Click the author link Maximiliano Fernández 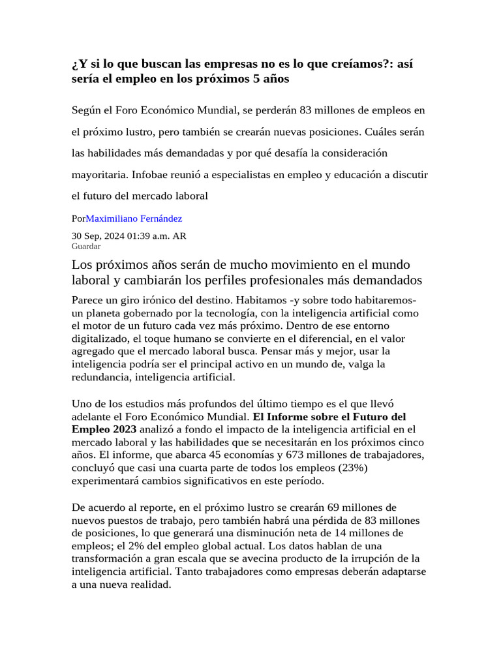pos(134,219)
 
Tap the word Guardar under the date pos(85,247)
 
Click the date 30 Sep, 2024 pos(99,236)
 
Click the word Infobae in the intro pos(151,175)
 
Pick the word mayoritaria pos(99,175)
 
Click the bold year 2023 pos(124,429)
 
